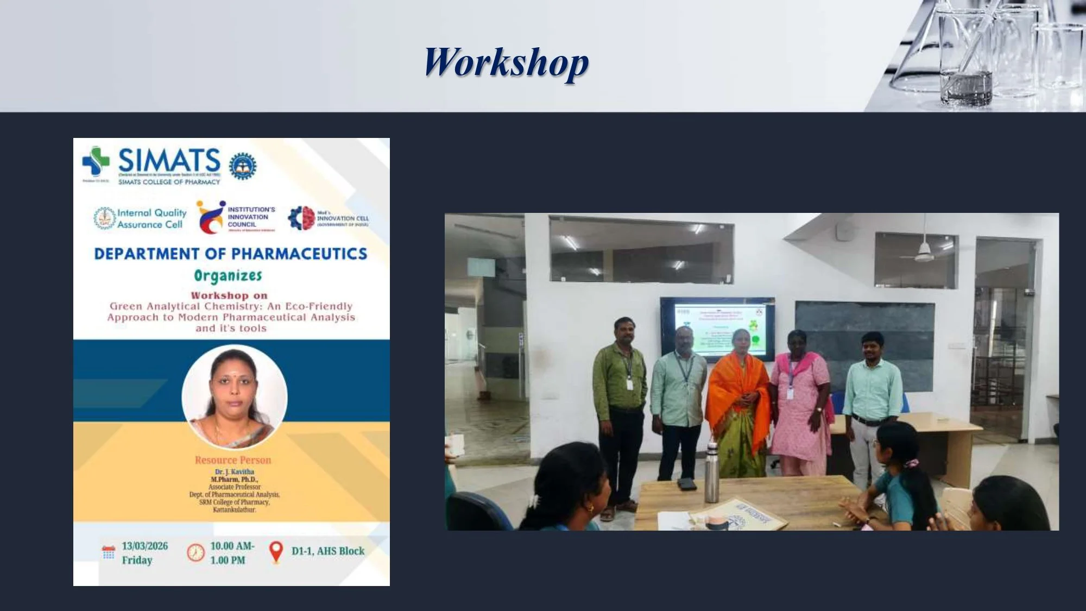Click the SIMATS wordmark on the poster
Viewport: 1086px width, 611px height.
pyautogui.click(x=169, y=160)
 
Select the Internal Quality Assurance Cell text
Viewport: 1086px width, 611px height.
pyautogui.click(x=151, y=218)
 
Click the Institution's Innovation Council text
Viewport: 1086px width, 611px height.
pyautogui.click(x=251, y=217)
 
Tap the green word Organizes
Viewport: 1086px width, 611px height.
pyautogui.click(x=228, y=276)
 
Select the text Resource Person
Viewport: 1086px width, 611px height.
pyautogui.click(x=233, y=460)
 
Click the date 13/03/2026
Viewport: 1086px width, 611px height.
pyautogui.click(x=144, y=546)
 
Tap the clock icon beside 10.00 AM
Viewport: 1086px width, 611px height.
pyautogui.click(x=195, y=553)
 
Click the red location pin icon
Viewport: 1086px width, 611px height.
pyautogui.click(x=276, y=552)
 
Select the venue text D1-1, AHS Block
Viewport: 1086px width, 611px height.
pyautogui.click(x=328, y=551)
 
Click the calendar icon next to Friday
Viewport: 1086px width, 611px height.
pyautogui.click(x=109, y=552)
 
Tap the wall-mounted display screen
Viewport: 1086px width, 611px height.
pyautogui.click(x=717, y=329)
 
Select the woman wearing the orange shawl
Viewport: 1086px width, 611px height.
pyautogui.click(x=738, y=402)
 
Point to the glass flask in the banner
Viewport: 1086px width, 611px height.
pyautogui.click(x=918, y=54)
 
